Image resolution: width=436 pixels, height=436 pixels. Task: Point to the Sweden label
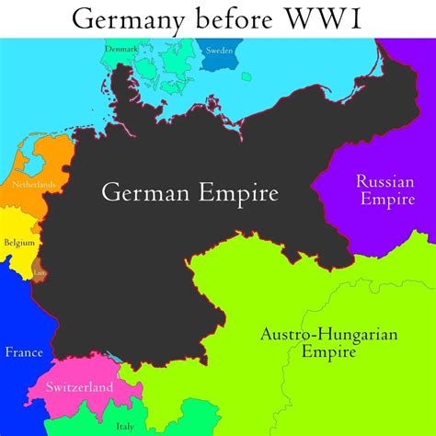pyautogui.click(x=218, y=51)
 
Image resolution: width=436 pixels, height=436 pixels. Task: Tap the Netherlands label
pyautogui.click(x=34, y=185)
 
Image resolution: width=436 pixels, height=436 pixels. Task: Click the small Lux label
pyautogui.click(x=39, y=272)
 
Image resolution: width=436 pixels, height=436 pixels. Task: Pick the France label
pyautogui.click(x=23, y=351)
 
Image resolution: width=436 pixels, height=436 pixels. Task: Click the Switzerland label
pyautogui.click(x=80, y=386)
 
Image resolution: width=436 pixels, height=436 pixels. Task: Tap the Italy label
pyautogui.click(x=124, y=425)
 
